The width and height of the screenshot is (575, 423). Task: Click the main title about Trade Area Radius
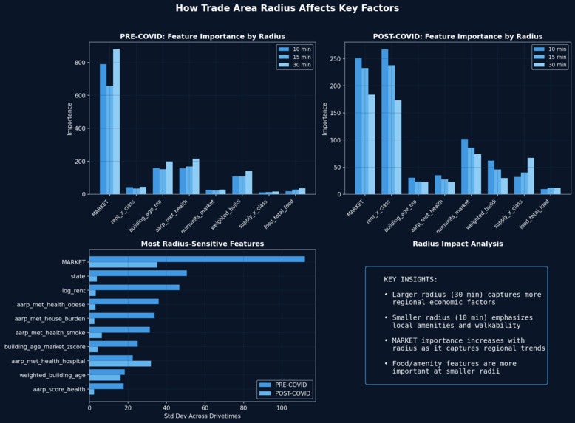pos(287,8)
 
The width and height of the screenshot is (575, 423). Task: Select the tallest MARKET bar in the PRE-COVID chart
pos(116,122)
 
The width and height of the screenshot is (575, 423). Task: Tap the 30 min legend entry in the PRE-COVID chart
pos(299,65)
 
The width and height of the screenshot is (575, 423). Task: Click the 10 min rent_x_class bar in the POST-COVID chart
pos(385,122)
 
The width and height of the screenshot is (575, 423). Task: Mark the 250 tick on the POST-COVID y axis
pos(336,59)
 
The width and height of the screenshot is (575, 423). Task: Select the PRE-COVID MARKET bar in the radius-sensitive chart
pos(197,259)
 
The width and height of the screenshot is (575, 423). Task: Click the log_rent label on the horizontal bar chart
pos(74,291)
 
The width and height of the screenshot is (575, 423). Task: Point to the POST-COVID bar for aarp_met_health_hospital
pos(120,363)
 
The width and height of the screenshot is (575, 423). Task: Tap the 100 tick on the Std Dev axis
pos(282,407)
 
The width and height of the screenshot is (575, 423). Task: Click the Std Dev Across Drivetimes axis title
pos(202,416)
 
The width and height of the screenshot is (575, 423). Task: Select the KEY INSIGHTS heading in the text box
pos(410,280)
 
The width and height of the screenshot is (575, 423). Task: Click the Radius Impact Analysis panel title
pos(457,244)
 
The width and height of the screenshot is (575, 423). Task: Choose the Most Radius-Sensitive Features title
pos(202,244)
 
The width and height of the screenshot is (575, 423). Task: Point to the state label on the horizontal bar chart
pos(78,277)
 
